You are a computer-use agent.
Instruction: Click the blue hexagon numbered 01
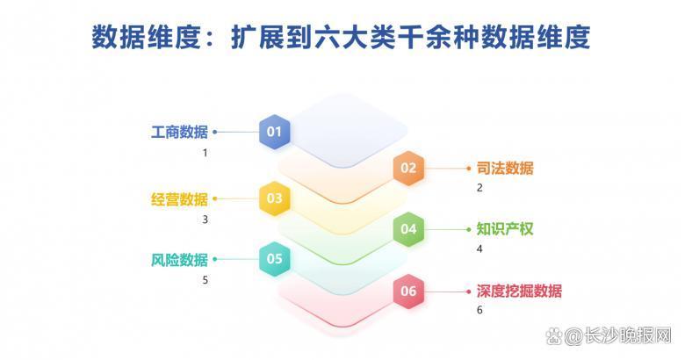274,133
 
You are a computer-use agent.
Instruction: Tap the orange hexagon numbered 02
408,168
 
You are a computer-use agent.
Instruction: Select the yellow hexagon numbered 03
274,198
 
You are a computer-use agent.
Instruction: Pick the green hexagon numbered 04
408,229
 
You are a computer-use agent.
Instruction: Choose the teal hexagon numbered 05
274,259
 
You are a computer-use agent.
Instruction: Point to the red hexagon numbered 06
408,291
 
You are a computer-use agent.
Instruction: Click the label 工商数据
179,133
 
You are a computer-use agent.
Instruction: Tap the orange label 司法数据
505,168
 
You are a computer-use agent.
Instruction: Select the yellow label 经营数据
179,198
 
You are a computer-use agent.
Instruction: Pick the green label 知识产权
505,229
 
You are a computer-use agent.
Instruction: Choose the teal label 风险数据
179,259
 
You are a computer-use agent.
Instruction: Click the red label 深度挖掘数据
519,291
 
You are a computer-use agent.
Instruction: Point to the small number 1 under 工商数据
205,153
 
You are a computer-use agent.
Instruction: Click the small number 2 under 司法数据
479,188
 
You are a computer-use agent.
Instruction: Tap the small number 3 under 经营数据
205,220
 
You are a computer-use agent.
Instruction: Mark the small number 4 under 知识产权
479,249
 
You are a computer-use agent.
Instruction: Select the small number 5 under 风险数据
205,280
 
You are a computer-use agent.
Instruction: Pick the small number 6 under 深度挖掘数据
479,311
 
